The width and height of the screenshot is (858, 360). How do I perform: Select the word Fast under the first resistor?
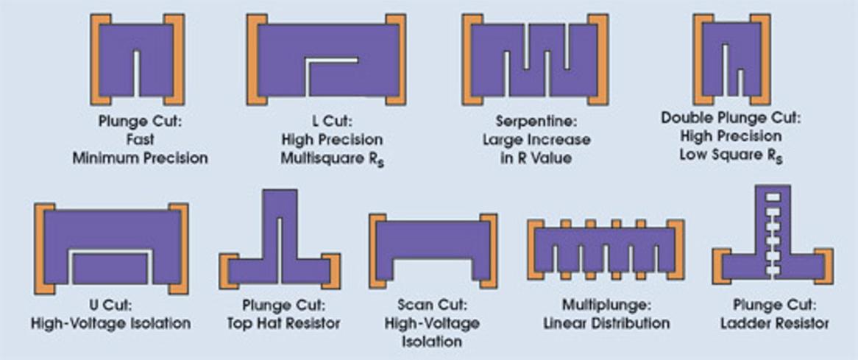click(138, 139)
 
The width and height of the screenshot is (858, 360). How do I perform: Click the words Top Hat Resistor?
click(282, 323)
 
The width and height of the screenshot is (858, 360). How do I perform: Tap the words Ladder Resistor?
click(771, 323)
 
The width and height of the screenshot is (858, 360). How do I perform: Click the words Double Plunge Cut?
click(730, 118)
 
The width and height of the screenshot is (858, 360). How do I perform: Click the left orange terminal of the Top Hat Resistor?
click(229, 272)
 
